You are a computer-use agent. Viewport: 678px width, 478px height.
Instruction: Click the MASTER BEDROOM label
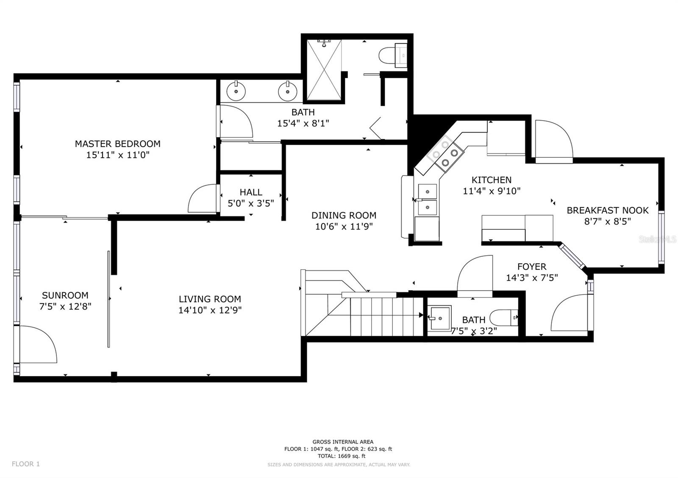tap(118, 144)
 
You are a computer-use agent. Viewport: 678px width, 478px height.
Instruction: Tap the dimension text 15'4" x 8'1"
tap(303, 124)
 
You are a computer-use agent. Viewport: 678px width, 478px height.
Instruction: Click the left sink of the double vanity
tap(236, 91)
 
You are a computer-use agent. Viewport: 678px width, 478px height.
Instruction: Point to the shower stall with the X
tap(324, 69)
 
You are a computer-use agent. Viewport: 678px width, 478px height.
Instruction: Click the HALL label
tap(251, 192)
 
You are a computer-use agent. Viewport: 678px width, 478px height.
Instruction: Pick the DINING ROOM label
tap(344, 215)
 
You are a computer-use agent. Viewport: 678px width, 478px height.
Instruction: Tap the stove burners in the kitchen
tap(445, 154)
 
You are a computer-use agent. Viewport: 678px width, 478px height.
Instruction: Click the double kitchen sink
tap(428, 200)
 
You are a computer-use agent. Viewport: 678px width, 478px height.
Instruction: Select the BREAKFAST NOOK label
tap(608, 210)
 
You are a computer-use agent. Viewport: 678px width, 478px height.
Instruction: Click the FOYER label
tap(532, 267)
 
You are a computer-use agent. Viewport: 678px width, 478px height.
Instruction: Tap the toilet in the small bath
tap(504, 318)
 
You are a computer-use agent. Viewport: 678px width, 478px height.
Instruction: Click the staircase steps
tap(386, 316)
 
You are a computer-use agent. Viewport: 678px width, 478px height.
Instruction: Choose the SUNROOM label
tap(65, 295)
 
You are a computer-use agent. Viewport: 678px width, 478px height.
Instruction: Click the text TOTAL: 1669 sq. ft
tap(342, 456)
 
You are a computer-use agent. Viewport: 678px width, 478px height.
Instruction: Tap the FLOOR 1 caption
tap(26, 464)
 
